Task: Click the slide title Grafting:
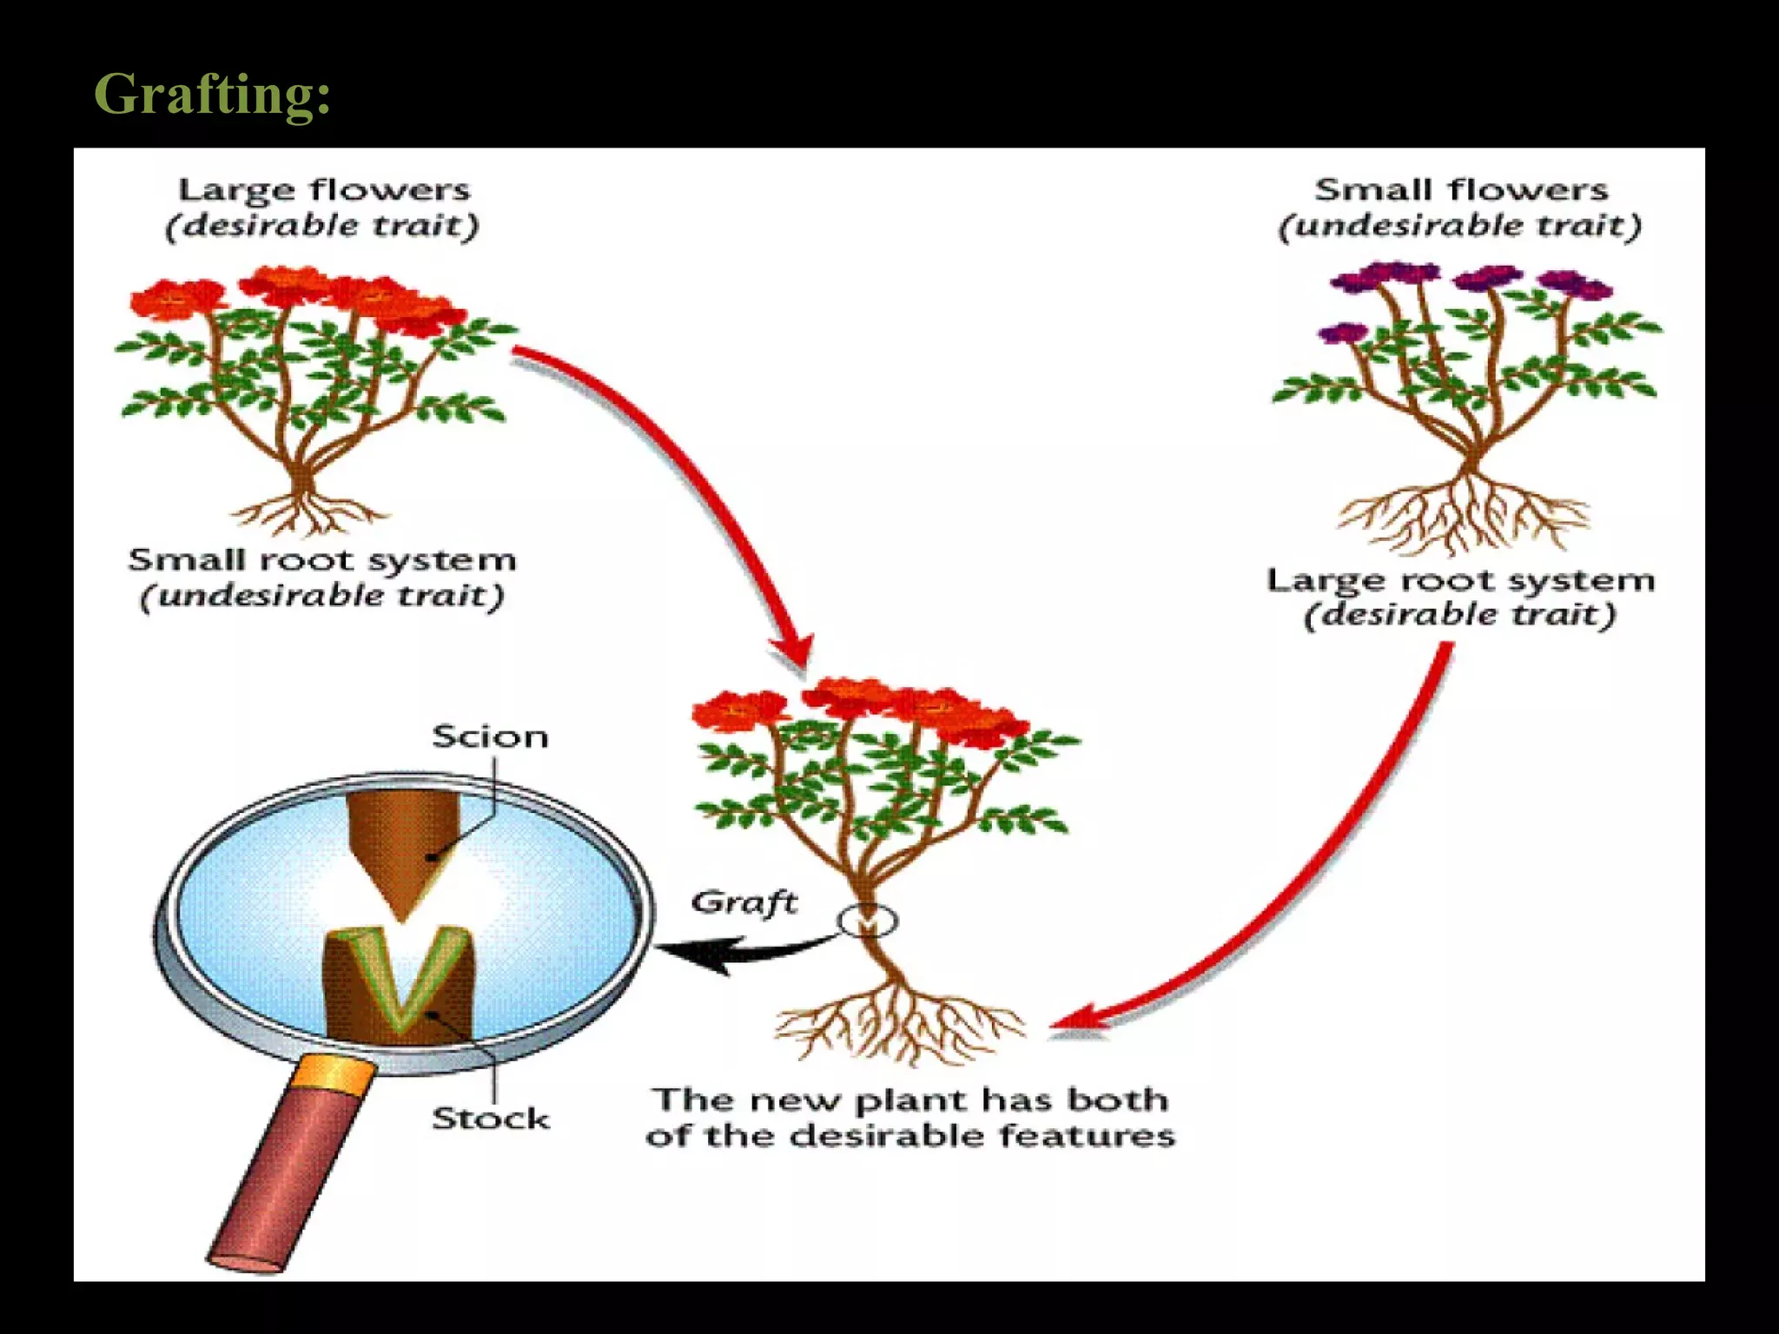[212, 94]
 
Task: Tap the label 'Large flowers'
[324, 190]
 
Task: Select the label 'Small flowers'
[1461, 190]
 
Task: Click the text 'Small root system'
[322, 560]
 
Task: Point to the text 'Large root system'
[1460, 580]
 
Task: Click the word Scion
[490, 737]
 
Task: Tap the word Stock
[491, 1119]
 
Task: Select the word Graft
[744, 902]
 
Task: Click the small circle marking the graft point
[867, 921]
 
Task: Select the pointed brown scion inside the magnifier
[401, 851]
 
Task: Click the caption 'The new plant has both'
[910, 1100]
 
